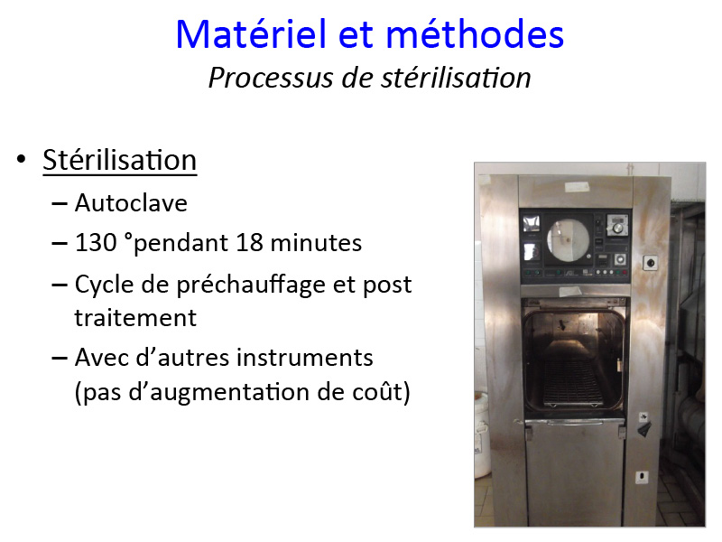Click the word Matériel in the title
pyautogui.click(x=252, y=34)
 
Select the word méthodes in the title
pyautogui.click(x=475, y=33)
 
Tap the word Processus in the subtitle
pyautogui.click(x=271, y=79)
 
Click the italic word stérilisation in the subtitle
pyautogui.click(x=457, y=77)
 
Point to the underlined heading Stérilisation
pyautogui.click(x=120, y=160)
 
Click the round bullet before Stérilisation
pyautogui.click(x=21, y=160)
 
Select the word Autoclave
pyautogui.click(x=131, y=202)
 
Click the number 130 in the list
pyautogui.click(x=96, y=242)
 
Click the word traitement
pyautogui.click(x=135, y=318)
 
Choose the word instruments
pyautogui.click(x=305, y=358)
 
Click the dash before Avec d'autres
pyautogui.click(x=60, y=358)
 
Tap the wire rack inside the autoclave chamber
pyautogui.click(x=572, y=383)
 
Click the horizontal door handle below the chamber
pyautogui.click(x=574, y=422)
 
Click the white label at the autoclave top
pyautogui.click(x=577, y=187)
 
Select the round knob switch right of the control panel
pyautogui.click(x=650, y=263)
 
